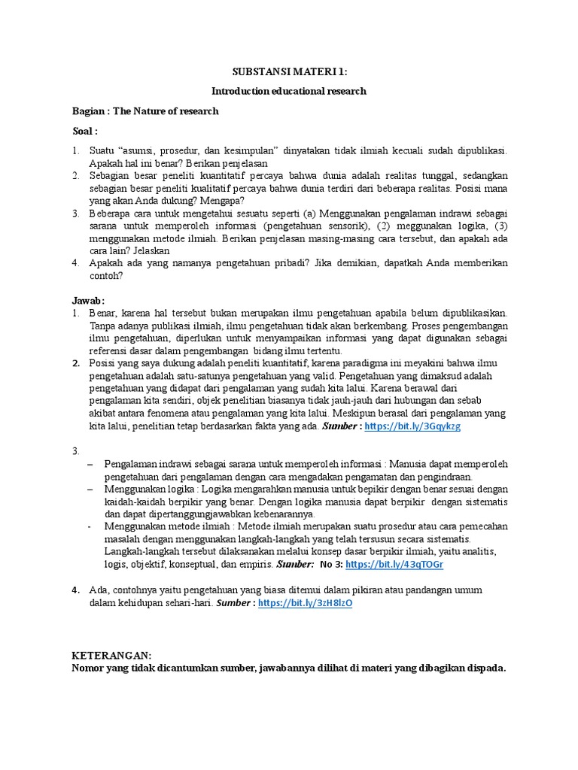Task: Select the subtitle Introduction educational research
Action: pyautogui.click(x=289, y=91)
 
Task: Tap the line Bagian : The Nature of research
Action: pyautogui.click(x=145, y=111)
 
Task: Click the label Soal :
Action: pyautogui.click(x=85, y=131)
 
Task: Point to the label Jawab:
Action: pyautogui.click(x=89, y=299)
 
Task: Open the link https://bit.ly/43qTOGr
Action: pyautogui.click(x=394, y=564)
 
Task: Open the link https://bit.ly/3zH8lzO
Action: pyautogui.click(x=305, y=603)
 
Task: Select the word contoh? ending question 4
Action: pyautogui.click(x=106, y=275)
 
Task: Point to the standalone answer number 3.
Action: pyautogui.click(x=76, y=451)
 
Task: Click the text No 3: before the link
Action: pyautogui.click(x=330, y=564)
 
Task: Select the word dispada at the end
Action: pyautogui.click(x=486, y=668)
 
